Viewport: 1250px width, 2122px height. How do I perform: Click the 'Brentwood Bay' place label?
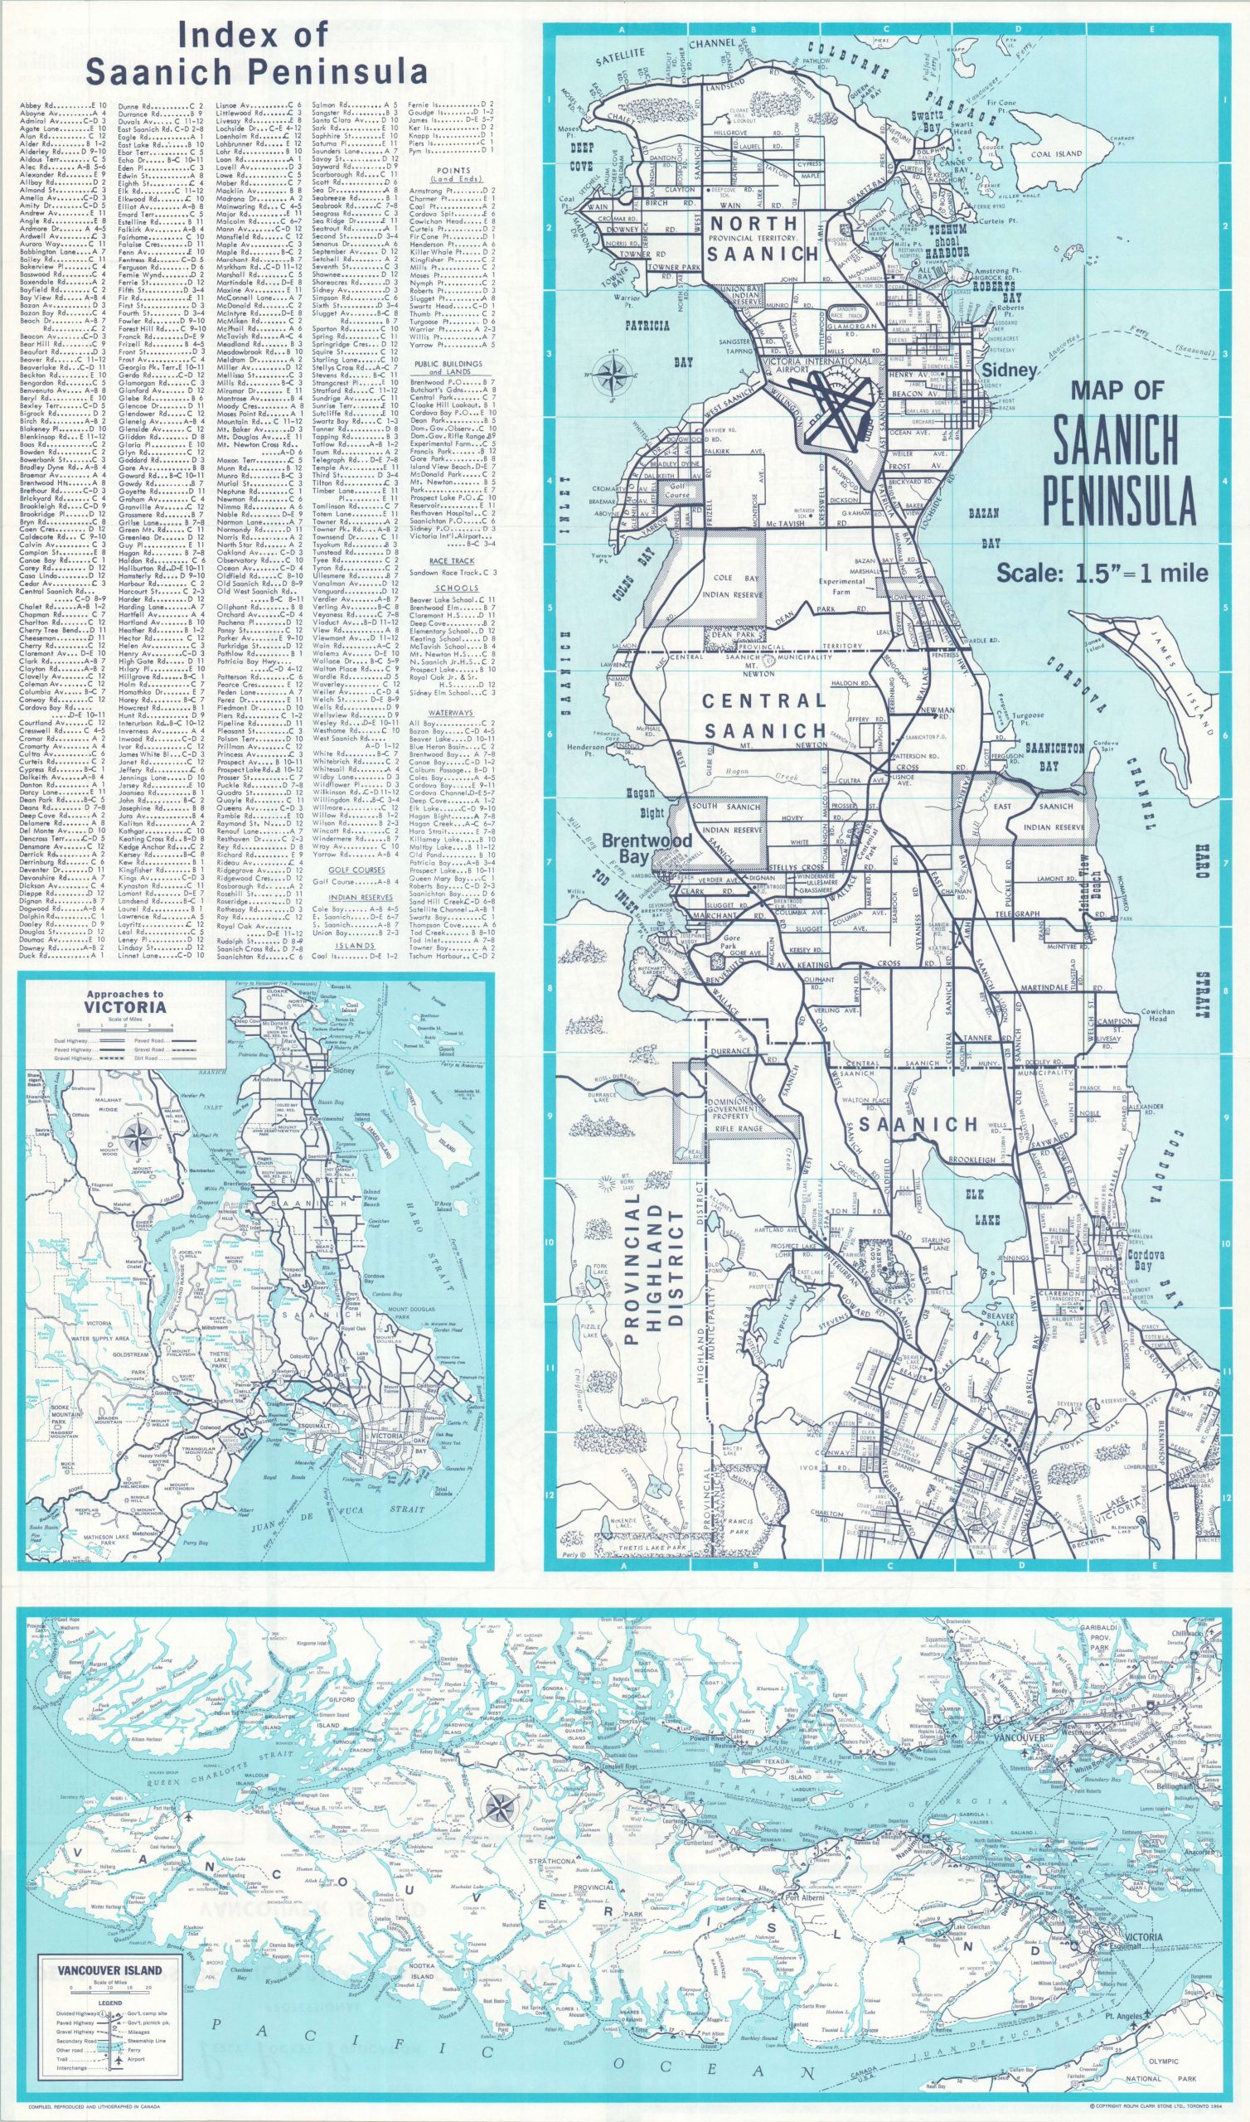click(x=647, y=846)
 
